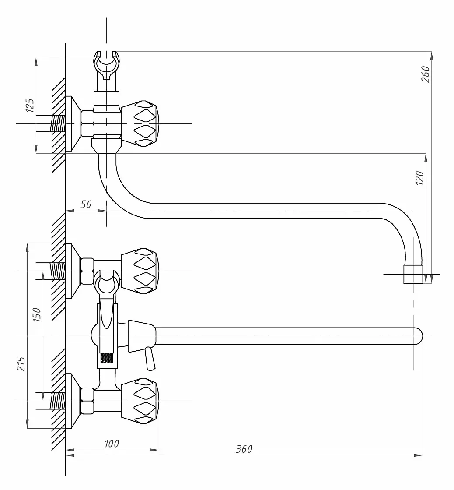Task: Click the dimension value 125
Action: (x=30, y=105)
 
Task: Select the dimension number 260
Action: (x=426, y=74)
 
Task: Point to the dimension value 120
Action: (x=419, y=178)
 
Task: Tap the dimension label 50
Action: (x=86, y=204)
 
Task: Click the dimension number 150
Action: (x=37, y=315)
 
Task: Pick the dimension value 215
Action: (x=21, y=364)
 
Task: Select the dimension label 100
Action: (x=112, y=444)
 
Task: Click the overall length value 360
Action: (x=244, y=449)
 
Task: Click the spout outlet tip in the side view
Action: (x=413, y=275)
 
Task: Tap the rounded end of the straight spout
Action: (x=419, y=336)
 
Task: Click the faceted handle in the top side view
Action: (x=140, y=124)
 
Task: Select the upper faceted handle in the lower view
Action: (x=140, y=271)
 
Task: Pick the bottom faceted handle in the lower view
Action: (x=140, y=401)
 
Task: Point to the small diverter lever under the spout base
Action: (x=149, y=359)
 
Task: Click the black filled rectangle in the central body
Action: (x=106, y=358)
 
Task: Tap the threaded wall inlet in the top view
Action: (x=58, y=124)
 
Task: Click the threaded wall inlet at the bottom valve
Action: (x=58, y=401)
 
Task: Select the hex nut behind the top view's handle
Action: (x=87, y=124)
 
